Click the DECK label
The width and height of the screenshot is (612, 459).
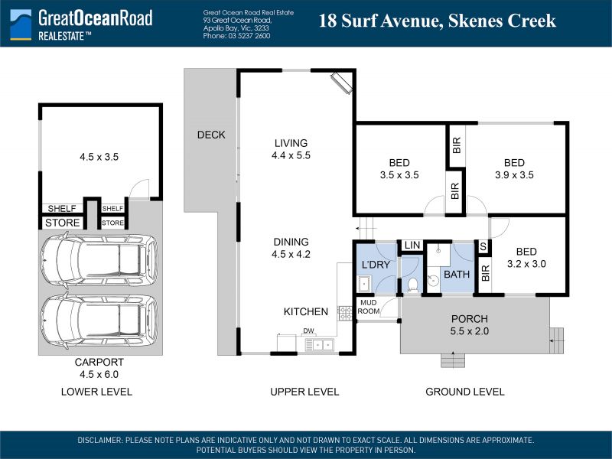tap(211, 135)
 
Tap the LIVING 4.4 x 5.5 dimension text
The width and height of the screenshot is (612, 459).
tap(291, 155)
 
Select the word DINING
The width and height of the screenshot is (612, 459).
tap(291, 242)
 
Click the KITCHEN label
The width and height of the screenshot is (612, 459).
tap(305, 311)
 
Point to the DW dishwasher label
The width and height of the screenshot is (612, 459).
tap(308, 330)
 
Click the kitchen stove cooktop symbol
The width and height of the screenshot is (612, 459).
tap(345, 313)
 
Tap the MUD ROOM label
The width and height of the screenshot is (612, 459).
tap(369, 307)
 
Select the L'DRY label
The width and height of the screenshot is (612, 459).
tap(376, 265)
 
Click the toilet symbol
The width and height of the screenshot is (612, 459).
tap(412, 285)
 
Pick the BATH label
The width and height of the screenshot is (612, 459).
tap(457, 274)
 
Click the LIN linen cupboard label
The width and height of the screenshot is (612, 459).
tap(412, 245)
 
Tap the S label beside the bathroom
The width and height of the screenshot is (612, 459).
tap(483, 246)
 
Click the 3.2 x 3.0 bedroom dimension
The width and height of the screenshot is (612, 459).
tap(526, 264)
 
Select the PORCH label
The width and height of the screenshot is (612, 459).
tap(470, 318)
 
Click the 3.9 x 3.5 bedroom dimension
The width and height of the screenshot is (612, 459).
tap(514, 175)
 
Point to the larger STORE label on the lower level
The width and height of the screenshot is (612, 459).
tap(63, 223)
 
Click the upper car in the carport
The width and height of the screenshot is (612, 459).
tap(99, 261)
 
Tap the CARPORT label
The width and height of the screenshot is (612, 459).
tap(99, 362)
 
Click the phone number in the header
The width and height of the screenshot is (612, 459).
tap(236, 36)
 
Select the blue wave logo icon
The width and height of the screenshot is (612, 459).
tap(21, 24)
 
